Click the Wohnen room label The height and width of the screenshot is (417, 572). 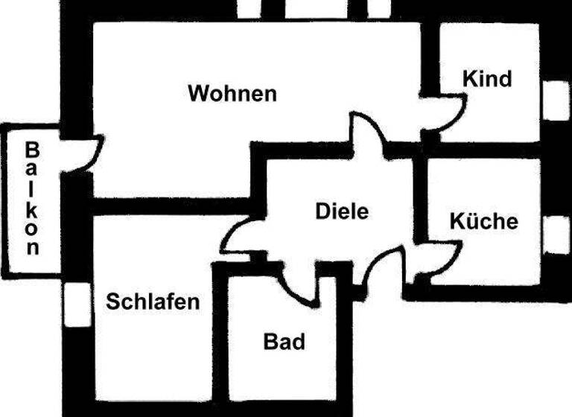tap(232, 95)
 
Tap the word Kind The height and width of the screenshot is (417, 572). tap(487, 78)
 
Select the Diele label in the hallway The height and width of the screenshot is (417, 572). tap(342, 211)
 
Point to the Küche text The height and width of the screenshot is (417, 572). tap(483, 221)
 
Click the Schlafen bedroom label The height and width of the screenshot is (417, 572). tap(153, 302)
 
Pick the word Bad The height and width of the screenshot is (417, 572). tap(285, 342)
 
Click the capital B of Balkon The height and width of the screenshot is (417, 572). tap(32, 149)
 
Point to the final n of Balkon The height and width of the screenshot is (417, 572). tap(32, 249)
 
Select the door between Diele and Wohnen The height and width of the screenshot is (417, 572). tap(366, 134)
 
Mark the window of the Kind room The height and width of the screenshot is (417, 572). tap(555, 101)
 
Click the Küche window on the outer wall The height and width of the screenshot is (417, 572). tap(555, 235)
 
